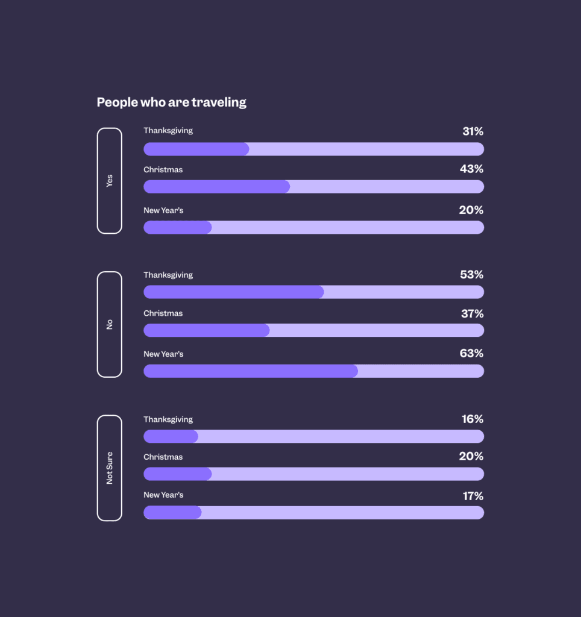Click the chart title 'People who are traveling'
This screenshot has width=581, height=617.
tap(171, 102)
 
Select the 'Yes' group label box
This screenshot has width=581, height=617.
tap(109, 181)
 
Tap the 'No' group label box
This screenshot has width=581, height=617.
tap(109, 324)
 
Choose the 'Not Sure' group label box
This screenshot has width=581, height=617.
tap(109, 468)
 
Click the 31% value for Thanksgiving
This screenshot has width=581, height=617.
tap(473, 131)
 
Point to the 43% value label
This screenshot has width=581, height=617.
tap(471, 169)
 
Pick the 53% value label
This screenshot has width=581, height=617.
tap(471, 275)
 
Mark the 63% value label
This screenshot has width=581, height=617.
tap(471, 353)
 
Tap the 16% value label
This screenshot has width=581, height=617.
tap(473, 419)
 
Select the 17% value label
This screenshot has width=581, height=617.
tap(473, 496)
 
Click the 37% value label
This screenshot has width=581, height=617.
tap(472, 314)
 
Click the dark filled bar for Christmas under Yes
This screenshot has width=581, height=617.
tap(216, 187)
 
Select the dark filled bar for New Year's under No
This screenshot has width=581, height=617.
tap(250, 371)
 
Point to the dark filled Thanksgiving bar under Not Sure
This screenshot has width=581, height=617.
tap(171, 436)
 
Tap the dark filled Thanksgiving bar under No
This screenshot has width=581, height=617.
tap(233, 292)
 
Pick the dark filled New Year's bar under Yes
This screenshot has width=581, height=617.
tap(177, 227)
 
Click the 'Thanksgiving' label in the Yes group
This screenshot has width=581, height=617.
tap(168, 131)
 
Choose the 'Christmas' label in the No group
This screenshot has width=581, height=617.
tap(163, 313)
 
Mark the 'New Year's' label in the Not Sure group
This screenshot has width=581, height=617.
tap(163, 495)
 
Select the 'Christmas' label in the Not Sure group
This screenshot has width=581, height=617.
tap(163, 457)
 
